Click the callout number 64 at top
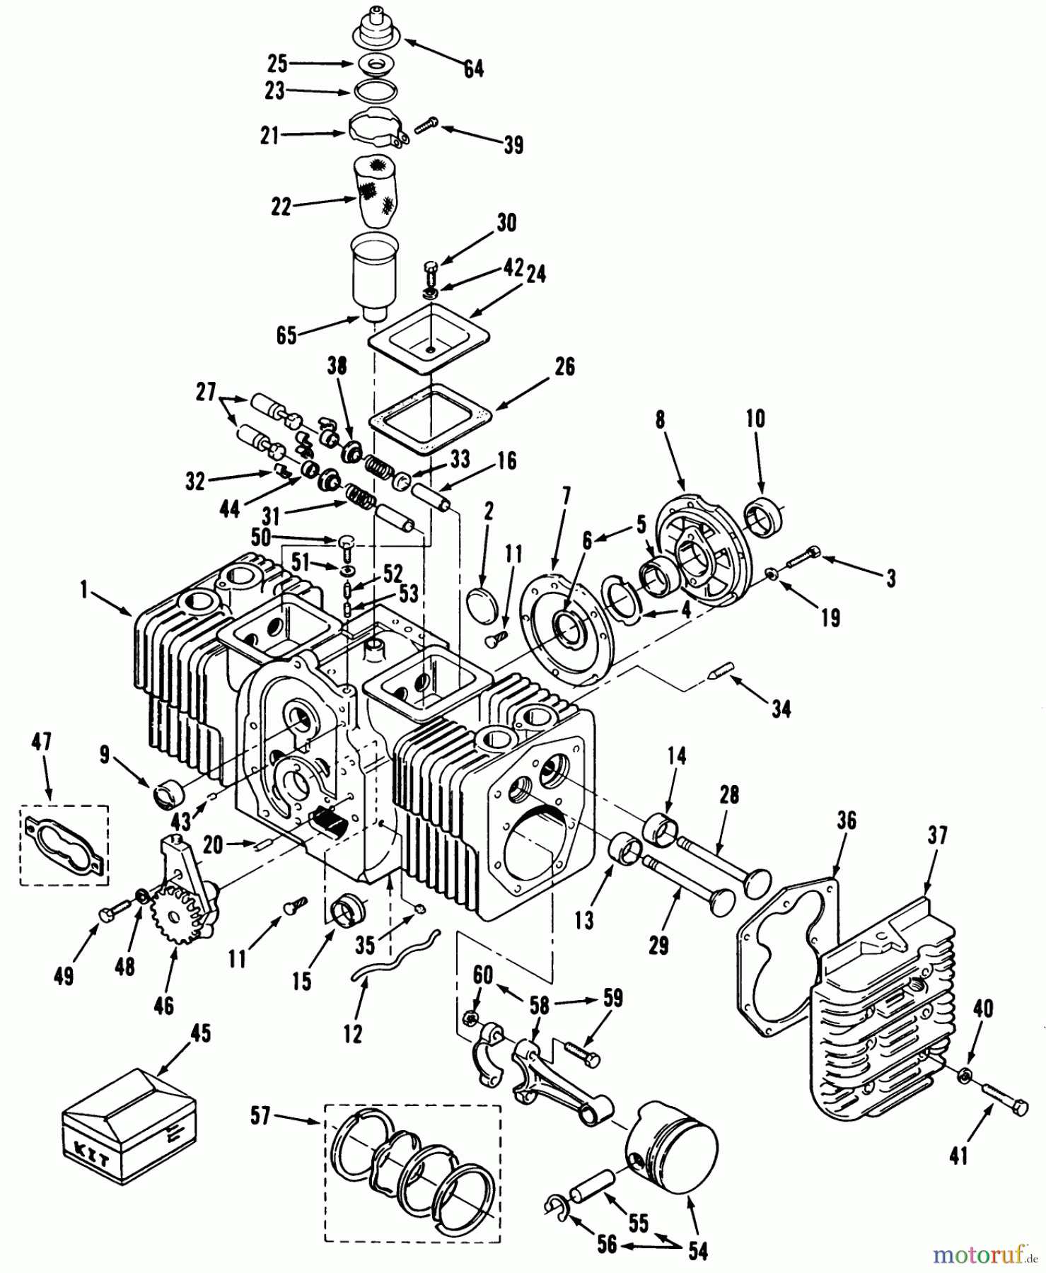coord(473,69)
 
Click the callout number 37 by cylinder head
coord(937,836)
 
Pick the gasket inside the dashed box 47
coord(64,844)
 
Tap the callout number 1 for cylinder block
coord(86,590)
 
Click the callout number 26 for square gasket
coord(564,366)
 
